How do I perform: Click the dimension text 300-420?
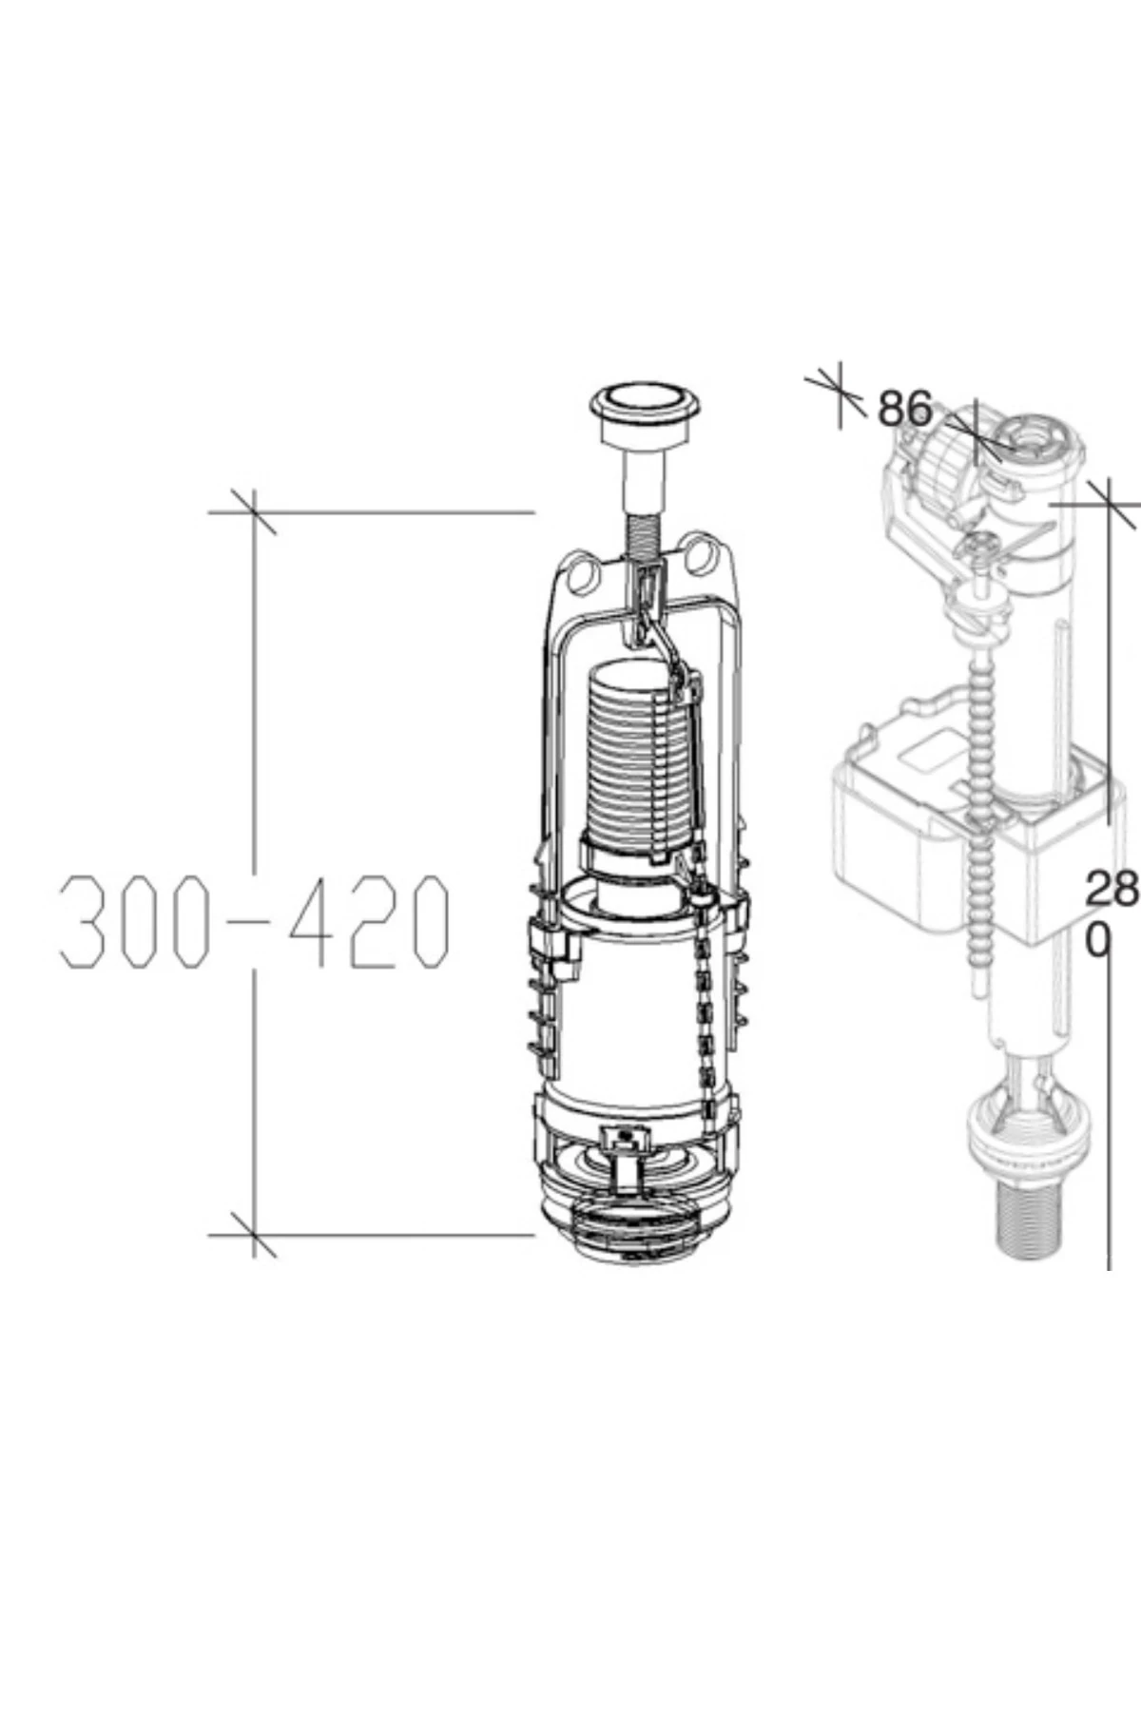[254, 920]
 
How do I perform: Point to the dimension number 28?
[1112, 888]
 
